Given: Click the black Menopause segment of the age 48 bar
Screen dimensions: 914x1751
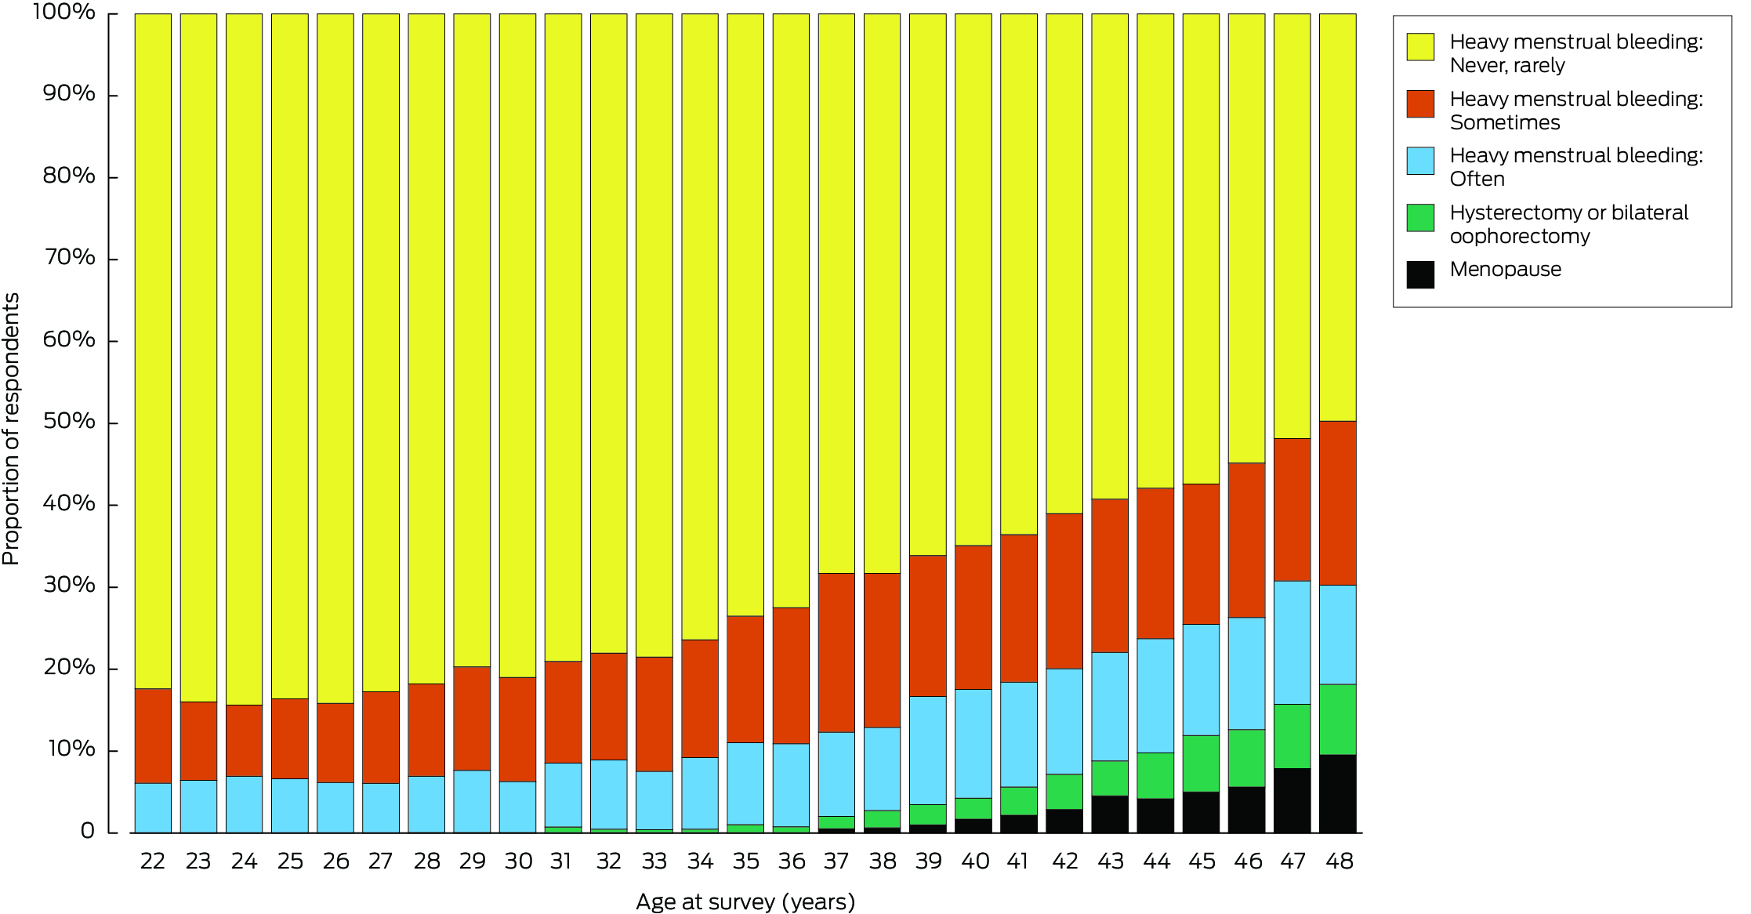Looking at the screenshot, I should [1337, 792].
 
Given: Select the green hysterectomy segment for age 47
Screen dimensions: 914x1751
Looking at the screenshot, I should [1292, 735].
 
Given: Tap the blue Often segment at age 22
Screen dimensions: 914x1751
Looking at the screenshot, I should [153, 807].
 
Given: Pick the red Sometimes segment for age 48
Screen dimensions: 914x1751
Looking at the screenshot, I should [1337, 502].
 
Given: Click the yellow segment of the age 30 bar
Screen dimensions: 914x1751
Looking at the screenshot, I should [517, 345].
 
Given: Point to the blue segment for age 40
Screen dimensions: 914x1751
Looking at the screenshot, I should [973, 743].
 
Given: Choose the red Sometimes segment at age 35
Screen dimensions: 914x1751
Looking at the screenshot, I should [745, 679].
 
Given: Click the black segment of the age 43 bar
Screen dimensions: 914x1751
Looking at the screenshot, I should [1110, 814].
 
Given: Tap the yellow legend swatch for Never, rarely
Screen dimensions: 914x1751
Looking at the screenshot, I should [1420, 47].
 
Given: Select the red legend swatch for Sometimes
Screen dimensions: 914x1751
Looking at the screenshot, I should [1420, 104].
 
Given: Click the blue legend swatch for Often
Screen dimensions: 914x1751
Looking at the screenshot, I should [1420, 161].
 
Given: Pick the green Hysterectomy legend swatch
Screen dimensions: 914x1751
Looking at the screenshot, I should [1420, 218].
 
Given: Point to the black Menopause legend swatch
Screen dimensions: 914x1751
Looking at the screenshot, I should [1420, 274].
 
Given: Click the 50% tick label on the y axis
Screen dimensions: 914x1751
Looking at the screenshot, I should [69, 421].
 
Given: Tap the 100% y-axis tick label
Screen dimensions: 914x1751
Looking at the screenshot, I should [64, 12].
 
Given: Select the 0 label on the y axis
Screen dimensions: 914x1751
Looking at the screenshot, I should [87, 831].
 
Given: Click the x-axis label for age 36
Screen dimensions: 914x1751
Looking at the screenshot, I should [792, 861].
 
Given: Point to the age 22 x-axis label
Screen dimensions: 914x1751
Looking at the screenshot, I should [153, 861].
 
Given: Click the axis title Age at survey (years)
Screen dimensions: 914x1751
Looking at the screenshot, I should [745, 901].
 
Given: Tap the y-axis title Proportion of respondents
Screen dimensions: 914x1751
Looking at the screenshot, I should [11, 429].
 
